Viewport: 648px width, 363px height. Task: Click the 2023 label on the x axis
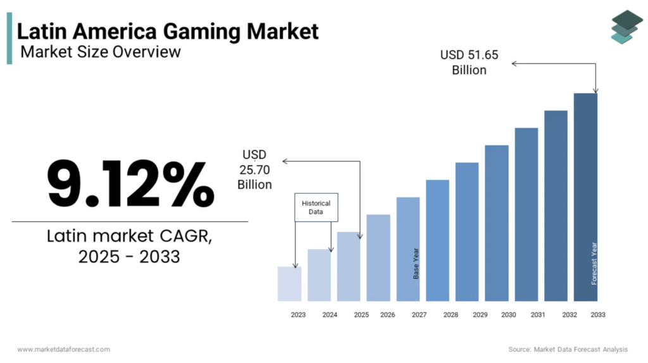298,315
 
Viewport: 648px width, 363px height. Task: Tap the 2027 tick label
418,315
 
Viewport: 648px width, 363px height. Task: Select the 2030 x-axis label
508,315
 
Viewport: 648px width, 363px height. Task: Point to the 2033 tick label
597,315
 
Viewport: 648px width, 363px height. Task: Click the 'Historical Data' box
316,207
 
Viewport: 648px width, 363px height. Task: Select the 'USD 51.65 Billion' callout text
469,63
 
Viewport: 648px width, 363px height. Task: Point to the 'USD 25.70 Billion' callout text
254,169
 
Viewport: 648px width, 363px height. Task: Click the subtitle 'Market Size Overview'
101,52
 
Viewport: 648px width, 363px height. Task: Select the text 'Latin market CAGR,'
130,237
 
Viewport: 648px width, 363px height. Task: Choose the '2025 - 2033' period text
130,257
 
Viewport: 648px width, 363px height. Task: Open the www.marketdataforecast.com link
63,349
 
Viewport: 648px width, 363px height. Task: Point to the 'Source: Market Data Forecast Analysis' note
568,349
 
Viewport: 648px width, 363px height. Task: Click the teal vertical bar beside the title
9,39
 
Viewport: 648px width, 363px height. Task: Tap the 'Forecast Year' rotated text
594,264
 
